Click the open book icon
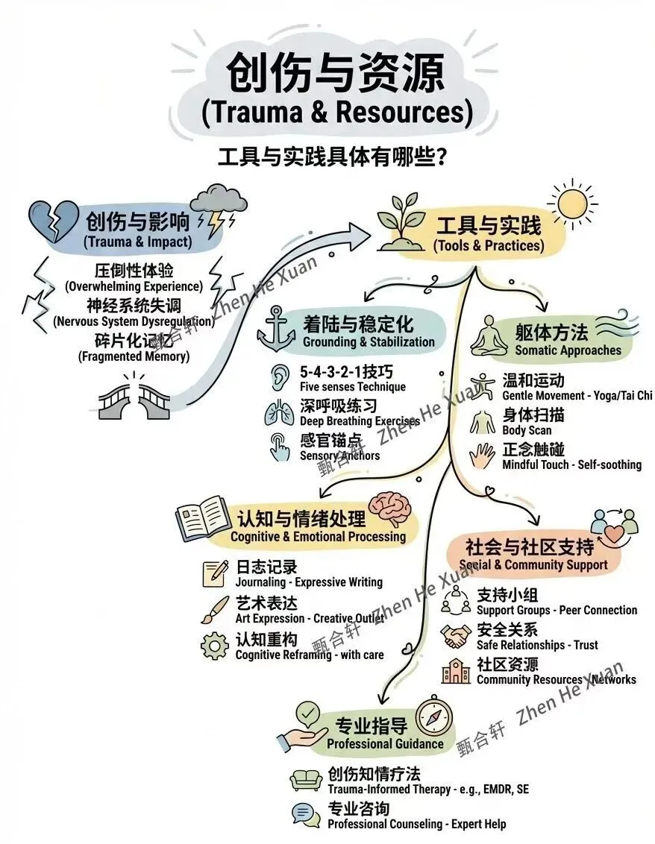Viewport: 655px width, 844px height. pos(204,520)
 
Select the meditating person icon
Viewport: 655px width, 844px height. pos(489,336)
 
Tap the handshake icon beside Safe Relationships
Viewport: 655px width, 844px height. pos(455,636)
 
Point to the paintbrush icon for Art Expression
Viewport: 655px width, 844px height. pos(216,610)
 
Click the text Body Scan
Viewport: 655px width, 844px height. pos(527,430)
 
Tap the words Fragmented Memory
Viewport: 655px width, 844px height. pos(134,356)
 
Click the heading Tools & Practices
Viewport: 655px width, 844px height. pos(489,245)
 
